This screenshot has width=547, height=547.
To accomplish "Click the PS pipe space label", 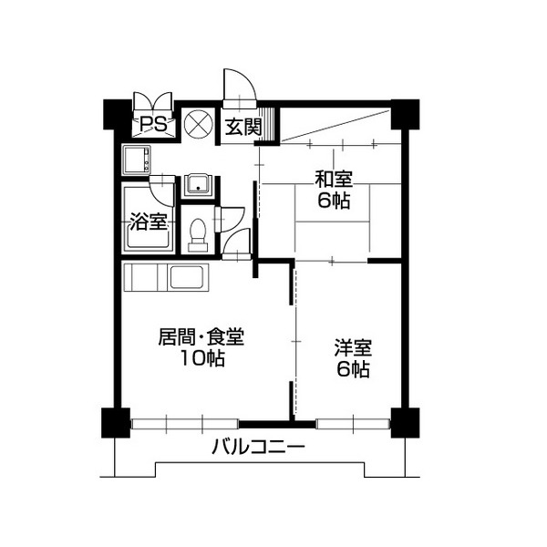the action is [153, 125].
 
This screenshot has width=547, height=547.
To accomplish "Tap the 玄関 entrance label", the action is [243, 127].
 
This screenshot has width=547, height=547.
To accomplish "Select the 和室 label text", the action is [334, 179].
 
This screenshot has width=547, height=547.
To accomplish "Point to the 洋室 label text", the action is [353, 348].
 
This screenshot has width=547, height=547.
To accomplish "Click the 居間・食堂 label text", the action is [201, 336].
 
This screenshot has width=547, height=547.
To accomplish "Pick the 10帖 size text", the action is [202, 358].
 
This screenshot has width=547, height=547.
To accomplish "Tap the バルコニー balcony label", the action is [259, 447].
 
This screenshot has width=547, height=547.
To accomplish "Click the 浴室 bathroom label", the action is [149, 222].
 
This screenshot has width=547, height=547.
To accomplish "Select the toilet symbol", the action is [198, 235].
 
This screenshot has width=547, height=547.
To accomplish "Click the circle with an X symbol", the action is [198, 124].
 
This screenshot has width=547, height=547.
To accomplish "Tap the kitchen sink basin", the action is [186, 277].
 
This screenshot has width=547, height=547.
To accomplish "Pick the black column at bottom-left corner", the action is [116, 423].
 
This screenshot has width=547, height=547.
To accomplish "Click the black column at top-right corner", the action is [405, 114].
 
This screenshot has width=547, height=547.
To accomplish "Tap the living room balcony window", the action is [185, 424].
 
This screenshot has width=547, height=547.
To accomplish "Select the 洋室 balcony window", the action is [353, 424].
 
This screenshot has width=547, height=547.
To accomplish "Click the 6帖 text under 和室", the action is [334, 201].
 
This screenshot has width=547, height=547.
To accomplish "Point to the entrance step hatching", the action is [269, 124].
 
